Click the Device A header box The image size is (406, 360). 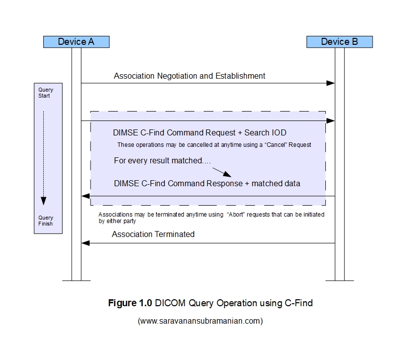click(x=76, y=42)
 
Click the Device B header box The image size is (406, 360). click(x=339, y=42)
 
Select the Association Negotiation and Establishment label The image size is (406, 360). click(x=190, y=76)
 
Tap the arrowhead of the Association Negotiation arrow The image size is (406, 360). click(x=330, y=83)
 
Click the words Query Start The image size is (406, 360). click(x=45, y=93)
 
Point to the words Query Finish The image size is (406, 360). click(x=45, y=221)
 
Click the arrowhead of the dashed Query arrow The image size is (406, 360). click(x=44, y=201)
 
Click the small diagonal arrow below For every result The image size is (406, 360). click(x=222, y=172)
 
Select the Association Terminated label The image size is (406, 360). click(x=153, y=234)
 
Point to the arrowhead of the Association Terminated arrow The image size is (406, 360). click(x=85, y=243)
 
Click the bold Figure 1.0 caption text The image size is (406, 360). click(x=130, y=303)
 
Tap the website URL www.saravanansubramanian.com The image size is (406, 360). click(x=200, y=321)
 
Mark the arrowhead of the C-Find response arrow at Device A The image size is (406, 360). click(x=85, y=197)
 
